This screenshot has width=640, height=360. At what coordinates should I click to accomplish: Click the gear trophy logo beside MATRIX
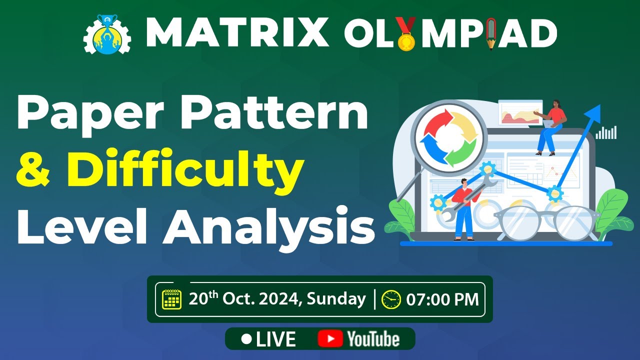[107, 34]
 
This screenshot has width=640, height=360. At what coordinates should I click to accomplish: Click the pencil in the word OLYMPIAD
[492, 33]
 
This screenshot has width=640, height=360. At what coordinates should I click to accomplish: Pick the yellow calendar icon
[172, 299]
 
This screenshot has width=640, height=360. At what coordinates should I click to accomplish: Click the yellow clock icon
[390, 299]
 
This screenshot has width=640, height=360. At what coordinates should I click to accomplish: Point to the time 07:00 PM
[442, 299]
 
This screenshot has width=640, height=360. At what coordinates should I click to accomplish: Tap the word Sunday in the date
[336, 299]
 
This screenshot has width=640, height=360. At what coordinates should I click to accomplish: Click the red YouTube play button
[329, 339]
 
